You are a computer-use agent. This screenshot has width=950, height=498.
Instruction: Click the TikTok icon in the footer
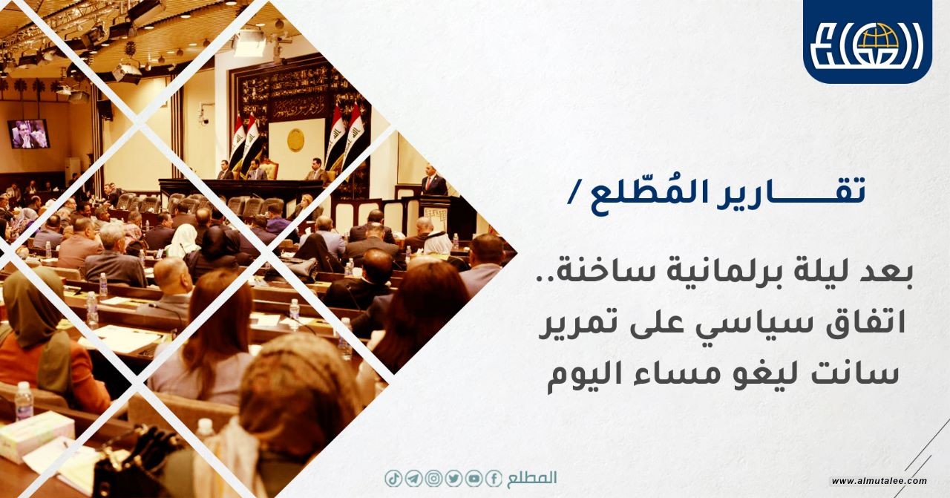393,479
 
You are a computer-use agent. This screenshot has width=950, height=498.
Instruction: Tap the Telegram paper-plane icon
413,479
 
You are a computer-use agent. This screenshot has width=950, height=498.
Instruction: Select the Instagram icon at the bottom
433,479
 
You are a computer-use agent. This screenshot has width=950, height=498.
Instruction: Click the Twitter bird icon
453,479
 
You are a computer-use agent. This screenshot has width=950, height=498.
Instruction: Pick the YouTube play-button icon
474,479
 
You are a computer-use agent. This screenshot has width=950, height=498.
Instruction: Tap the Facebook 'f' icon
494,479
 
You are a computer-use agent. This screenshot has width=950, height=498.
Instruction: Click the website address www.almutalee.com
879,481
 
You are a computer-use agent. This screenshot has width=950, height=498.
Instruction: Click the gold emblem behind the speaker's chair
295,140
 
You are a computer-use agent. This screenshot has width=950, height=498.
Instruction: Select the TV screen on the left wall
28,134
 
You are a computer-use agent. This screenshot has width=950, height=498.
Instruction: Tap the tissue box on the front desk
36,436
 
